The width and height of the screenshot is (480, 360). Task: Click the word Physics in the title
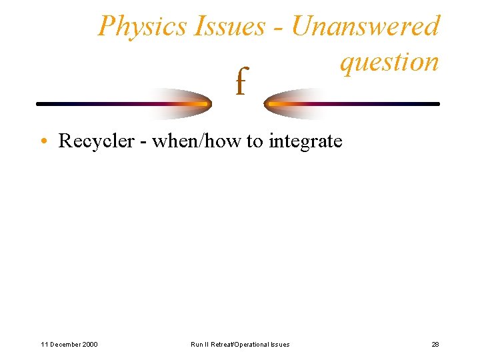point(142,27)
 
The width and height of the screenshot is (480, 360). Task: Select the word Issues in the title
point(229,27)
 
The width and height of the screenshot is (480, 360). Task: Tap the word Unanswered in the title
point(365,27)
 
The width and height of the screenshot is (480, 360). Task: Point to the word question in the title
point(389,62)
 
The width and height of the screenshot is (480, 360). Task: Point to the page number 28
point(435,344)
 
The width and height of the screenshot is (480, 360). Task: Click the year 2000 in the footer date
point(88,344)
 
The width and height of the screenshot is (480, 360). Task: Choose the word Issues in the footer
point(280,344)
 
